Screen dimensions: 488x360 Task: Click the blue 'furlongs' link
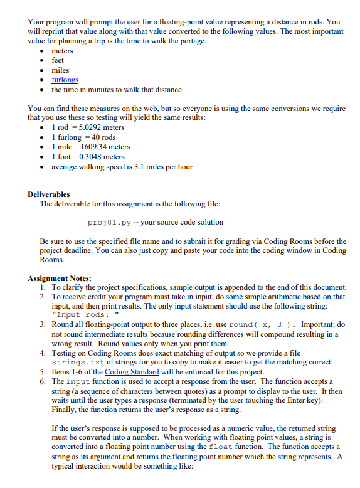click(65, 80)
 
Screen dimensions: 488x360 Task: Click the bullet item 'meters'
click(62, 51)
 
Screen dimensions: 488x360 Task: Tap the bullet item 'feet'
click(58, 60)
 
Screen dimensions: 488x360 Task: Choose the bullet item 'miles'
click(60, 70)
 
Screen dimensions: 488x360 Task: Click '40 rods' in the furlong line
click(103, 137)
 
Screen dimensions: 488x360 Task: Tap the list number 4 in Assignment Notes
click(42, 353)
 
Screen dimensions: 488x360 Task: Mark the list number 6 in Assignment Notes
click(42, 381)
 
